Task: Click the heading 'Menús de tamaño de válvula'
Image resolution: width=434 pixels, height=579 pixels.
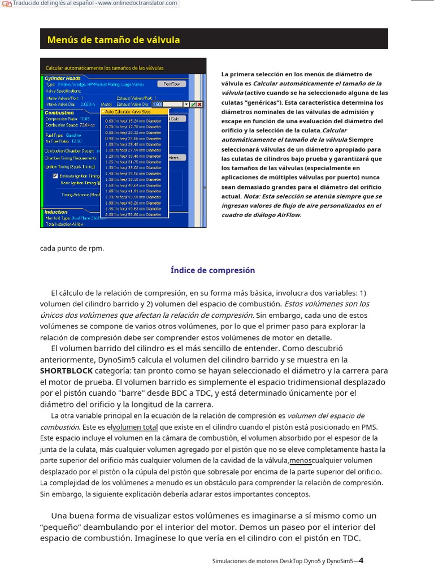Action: [114, 40]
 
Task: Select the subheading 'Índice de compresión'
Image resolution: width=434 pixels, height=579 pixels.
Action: [212, 270]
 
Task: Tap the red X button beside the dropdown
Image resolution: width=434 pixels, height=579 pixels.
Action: [199, 105]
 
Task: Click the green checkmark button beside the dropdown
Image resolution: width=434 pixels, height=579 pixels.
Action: [193, 105]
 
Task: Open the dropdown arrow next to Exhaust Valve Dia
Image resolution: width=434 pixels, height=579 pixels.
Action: [186, 105]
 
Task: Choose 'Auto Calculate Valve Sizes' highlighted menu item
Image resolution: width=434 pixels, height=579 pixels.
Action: [128, 111]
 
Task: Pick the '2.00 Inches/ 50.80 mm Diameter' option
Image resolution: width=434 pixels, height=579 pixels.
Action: [133, 214]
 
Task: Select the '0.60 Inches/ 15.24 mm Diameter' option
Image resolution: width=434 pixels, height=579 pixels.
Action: [133, 121]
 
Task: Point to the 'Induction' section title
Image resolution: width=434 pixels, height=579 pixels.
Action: [56, 212]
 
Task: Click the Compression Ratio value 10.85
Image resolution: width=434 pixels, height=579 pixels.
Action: [84, 119]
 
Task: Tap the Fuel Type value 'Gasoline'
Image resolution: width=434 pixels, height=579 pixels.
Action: [73, 135]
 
